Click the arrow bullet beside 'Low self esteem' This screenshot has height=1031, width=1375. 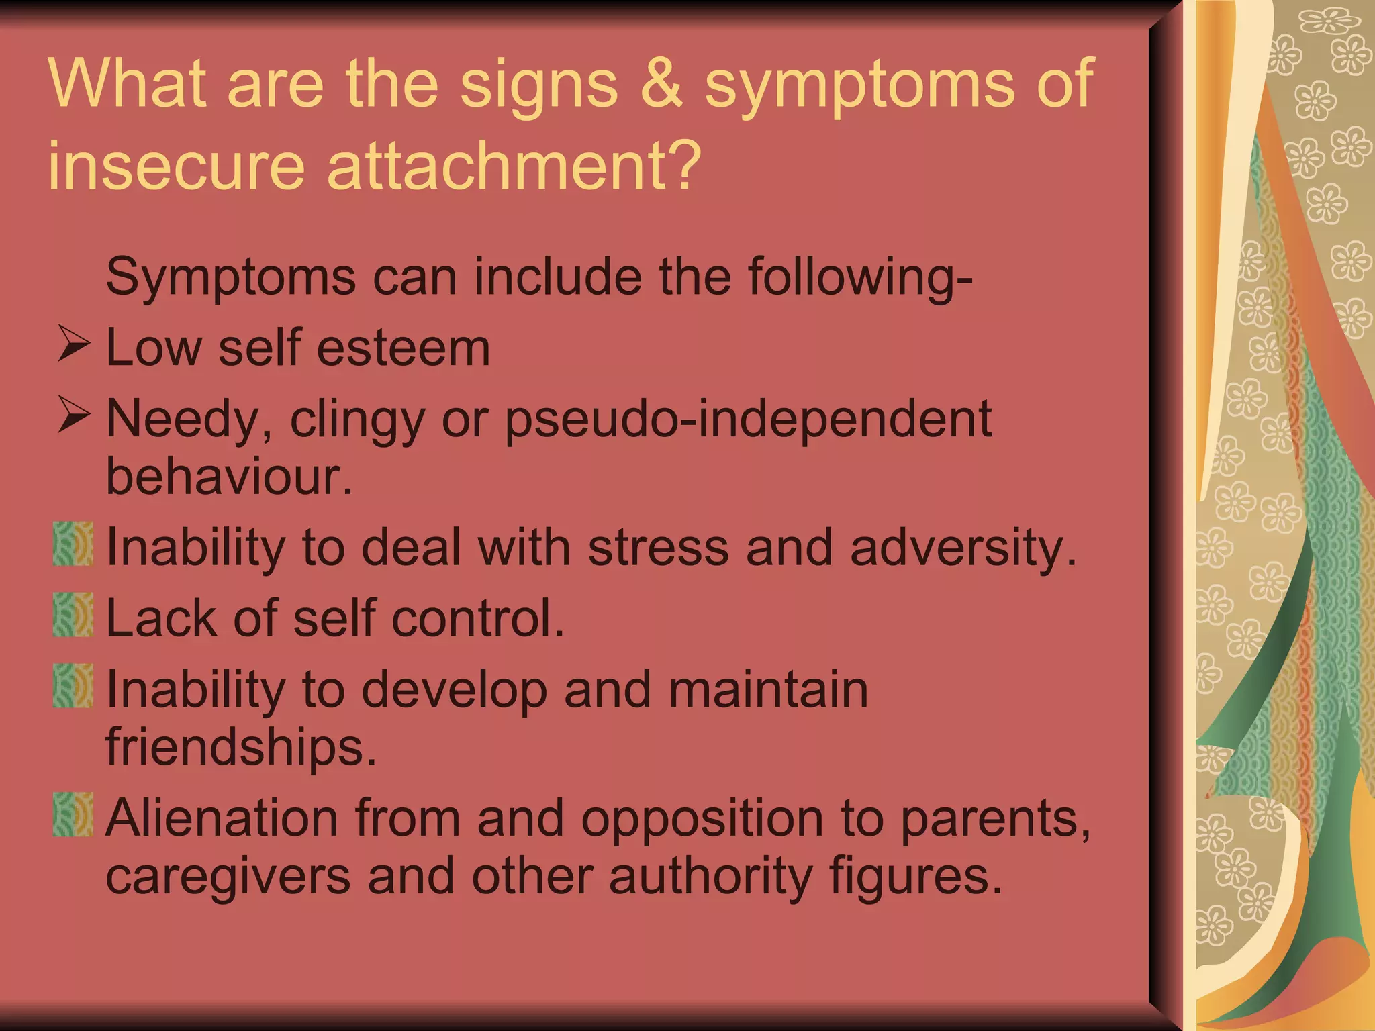coord(73,344)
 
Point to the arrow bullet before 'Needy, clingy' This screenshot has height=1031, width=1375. coord(73,415)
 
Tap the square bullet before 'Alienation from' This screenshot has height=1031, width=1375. coord(73,814)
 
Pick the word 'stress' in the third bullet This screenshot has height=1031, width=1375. coord(658,547)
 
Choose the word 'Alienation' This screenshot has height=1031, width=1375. coord(222,818)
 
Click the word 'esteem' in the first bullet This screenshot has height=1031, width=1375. coord(404,348)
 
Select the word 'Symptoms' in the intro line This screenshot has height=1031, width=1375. coord(231,278)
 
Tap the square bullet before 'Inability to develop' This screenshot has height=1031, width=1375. coord(73,685)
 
